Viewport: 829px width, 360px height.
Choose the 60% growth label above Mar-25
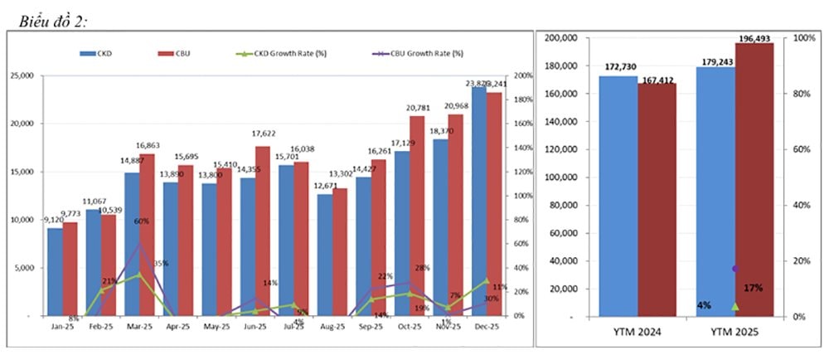[142, 221]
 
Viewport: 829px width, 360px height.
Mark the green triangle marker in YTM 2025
[734, 306]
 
